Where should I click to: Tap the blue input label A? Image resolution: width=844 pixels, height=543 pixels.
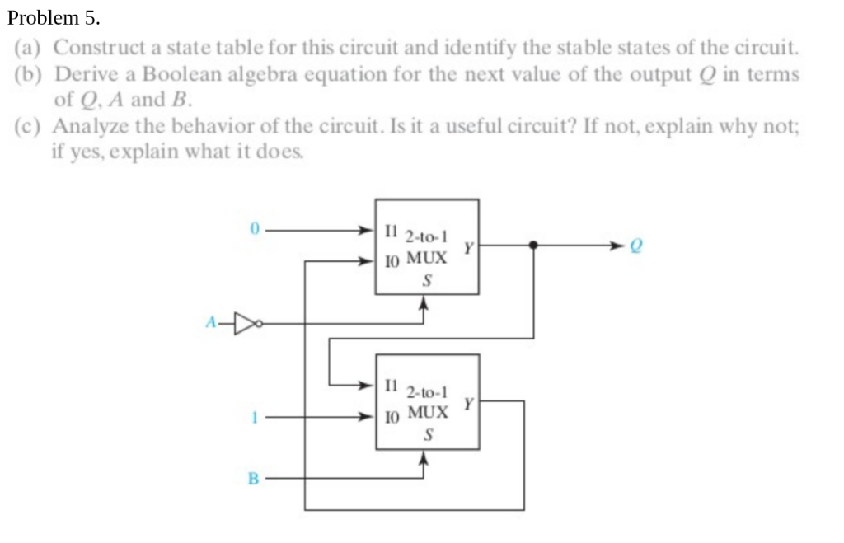click(210, 324)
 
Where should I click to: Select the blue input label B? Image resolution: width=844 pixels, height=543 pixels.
click(254, 478)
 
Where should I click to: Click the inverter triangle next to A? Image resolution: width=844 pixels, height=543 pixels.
click(245, 324)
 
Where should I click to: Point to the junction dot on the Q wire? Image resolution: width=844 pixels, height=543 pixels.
click(534, 245)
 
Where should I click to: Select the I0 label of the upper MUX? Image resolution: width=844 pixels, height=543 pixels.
click(391, 262)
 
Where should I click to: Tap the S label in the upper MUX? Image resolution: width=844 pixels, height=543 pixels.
click(426, 280)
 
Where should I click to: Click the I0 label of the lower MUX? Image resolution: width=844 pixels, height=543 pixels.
click(391, 418)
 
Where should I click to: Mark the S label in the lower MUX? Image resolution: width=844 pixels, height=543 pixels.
click(426, 436)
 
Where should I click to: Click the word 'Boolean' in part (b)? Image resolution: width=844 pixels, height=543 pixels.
click(175, 74)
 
